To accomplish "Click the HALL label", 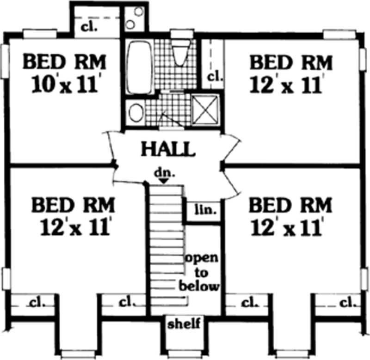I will [167, 149].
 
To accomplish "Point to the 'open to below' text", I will [202, 272].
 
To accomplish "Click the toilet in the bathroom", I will [181, 54].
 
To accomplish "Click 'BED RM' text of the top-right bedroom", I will [291, 62].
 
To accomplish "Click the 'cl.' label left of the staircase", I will [126, 303].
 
